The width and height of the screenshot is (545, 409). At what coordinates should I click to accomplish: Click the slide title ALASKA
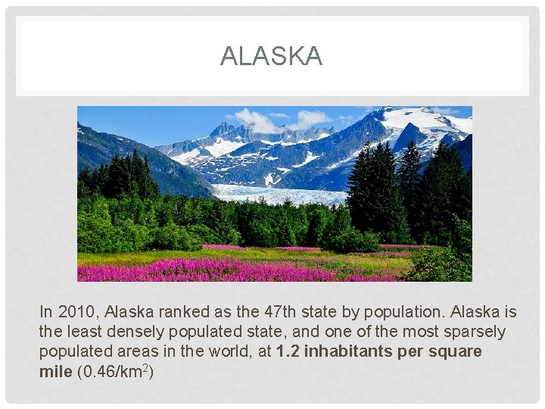[271, 56]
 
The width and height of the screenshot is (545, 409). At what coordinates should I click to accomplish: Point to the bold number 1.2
[288, 351]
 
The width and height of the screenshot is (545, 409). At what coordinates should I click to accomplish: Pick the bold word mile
[55, 371]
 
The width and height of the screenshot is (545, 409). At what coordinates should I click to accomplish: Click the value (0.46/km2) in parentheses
[116, 371]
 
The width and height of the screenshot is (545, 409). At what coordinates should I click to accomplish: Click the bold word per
[412, 351]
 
